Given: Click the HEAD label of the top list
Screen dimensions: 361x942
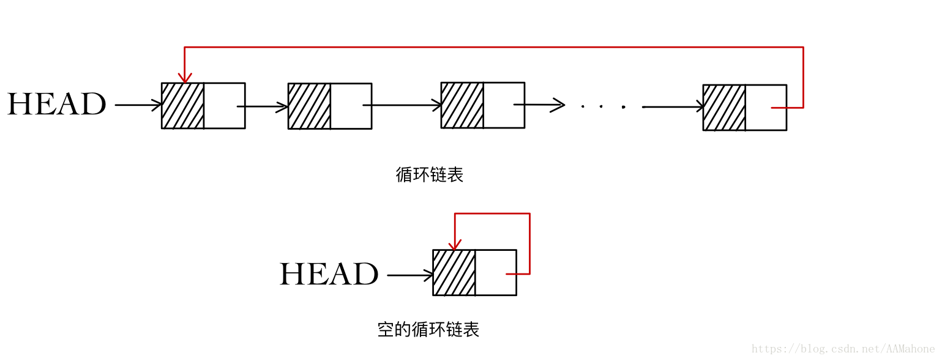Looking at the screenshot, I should [x=56, y=105].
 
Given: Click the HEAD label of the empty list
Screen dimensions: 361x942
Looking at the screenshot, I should [x=329, y=274].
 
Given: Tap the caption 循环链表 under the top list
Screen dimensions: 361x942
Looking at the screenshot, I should [x=430, y=175].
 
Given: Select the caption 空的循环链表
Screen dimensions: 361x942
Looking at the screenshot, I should [x=428, y=330].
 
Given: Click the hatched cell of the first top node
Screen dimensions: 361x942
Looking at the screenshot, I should [x=182, y=106].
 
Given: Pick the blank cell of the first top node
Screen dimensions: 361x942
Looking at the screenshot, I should [x=224, y=106].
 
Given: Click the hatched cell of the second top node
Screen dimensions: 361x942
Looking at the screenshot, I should [x=309, y=106].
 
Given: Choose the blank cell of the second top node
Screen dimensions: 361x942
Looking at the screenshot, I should [x=351, y=106].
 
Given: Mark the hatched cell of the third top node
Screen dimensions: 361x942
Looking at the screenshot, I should [x=462, y=105].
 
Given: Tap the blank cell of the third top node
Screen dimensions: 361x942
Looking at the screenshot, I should [x=504, y=105].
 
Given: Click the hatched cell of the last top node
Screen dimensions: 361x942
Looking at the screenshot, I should [x=724, y=108].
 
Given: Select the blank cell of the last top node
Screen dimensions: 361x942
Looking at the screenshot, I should [x=766, y=108].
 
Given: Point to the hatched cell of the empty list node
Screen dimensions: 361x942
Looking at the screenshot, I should [x=454, y=273].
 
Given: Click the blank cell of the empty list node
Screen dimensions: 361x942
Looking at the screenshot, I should [x=496, y=273].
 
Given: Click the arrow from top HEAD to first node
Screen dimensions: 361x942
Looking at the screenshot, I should [x=138, y=105].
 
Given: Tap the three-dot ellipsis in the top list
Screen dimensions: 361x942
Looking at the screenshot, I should [x=602, y=107].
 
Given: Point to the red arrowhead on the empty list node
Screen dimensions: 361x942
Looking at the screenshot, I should [x=455, y=245].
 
